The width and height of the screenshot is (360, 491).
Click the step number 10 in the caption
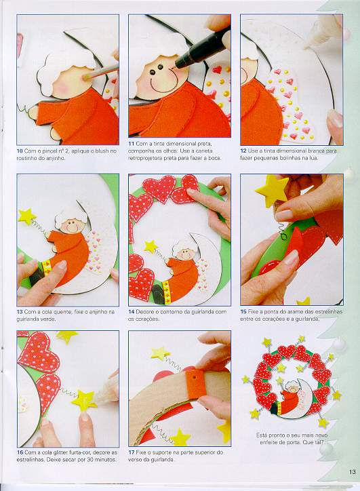tap(20, 151)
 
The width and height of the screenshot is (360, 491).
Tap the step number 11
tap(131, 144)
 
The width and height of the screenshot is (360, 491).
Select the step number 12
tap(243, 151)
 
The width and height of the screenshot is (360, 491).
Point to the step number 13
tap(20, 312)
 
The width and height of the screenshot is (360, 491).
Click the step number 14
tap(131, 312)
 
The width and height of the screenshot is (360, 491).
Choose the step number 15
tap(243, 312)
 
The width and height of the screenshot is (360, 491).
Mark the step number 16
tap(20, 452)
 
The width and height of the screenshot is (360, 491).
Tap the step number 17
tap(131, 452)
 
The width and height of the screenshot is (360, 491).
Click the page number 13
tap(353, 471)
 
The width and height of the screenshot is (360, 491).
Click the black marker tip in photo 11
tap(179, 64)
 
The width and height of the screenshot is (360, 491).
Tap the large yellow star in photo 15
tap(273, 190)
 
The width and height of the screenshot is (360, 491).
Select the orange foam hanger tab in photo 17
tap(195, 384)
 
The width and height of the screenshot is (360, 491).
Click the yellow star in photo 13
tap(26, 216)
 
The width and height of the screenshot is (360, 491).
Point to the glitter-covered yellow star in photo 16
tap(84, 401)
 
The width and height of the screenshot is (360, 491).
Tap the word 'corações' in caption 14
tap(148, 319)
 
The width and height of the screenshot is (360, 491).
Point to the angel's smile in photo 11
tap(159, 85)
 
